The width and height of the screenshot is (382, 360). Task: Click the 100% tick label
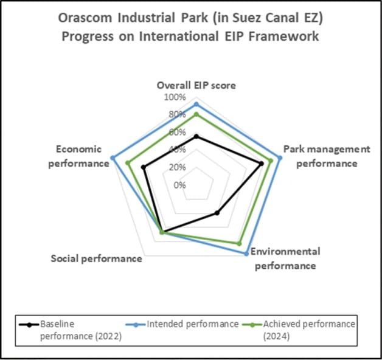(x=175, y=97)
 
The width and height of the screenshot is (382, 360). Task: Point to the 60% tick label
(x=176, y=132)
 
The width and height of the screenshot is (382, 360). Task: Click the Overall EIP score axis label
(x=196, y=85)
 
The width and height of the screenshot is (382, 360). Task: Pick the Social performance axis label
(x=96, y=258)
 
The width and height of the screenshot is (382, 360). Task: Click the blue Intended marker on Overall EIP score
(x=196, y=105)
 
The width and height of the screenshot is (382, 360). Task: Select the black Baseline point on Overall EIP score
(x=196, y=136)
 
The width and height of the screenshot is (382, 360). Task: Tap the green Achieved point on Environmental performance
(x=239, y=243)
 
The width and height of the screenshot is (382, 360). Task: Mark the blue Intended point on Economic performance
(x=113, y=158)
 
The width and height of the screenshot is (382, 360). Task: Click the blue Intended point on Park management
(x=279, y=158)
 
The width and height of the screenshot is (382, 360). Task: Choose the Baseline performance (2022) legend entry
(x=73, y=329)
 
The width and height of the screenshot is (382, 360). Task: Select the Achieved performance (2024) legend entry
(x=304, y=329)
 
